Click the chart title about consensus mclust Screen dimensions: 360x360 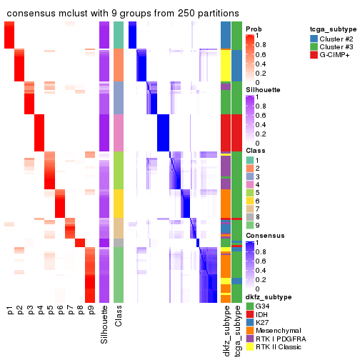click(123, 14)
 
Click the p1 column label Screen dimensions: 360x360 click(10, 311)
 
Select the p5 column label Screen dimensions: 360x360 click(50, 311)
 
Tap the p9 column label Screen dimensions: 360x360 click(90, 311)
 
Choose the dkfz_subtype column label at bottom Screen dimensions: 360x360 click(226, 329)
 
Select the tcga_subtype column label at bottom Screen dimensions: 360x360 click(237, 329)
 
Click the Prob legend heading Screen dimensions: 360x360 click(254, 29)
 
